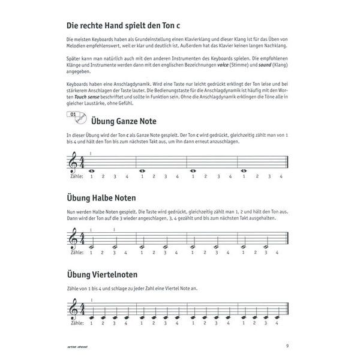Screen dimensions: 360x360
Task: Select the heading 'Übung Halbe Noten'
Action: coord(101,197)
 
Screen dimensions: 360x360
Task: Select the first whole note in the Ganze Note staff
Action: coord(91,170)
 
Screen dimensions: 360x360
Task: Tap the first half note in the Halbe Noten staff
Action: coord(91,247)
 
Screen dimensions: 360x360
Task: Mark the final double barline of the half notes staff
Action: coord(289,238)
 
